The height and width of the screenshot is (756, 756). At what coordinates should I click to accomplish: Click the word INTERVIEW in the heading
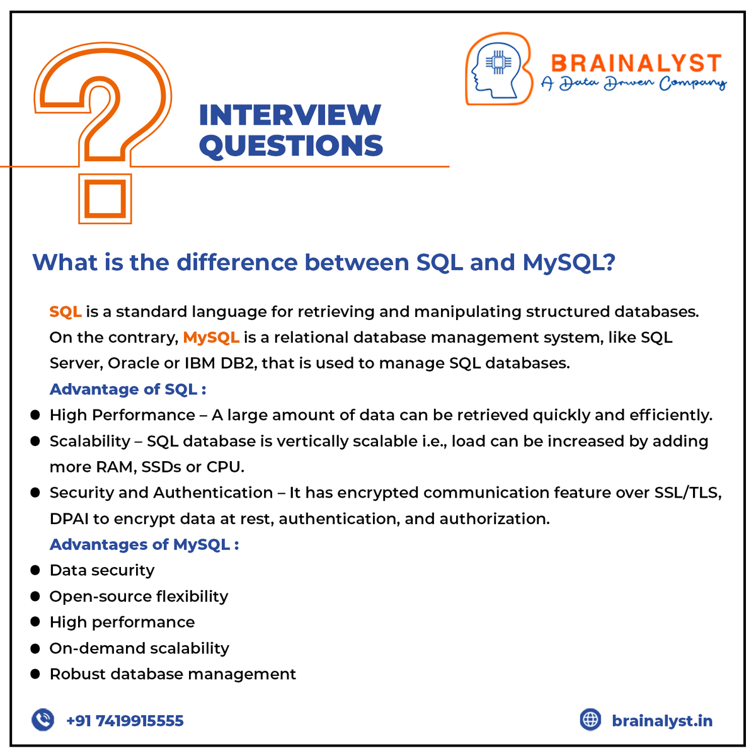tap(290, 115)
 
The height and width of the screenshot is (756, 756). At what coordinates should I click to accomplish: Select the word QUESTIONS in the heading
tap(291, 146)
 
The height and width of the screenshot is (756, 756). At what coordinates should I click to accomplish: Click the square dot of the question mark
tap(105, 198)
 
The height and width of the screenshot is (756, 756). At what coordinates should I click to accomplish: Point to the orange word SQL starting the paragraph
tap(66, 312)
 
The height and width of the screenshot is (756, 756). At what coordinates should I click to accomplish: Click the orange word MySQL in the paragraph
tap(211, 338)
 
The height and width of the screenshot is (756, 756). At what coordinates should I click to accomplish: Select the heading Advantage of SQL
tap(128, 389)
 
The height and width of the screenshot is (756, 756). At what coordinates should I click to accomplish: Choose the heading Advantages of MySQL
tap(144, 544)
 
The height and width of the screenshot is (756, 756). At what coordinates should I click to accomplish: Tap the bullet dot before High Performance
tap(35, 415)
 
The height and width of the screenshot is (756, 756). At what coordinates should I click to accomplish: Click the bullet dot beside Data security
tap(35, 570)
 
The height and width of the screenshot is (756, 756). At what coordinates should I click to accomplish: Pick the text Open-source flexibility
tap(139, 596)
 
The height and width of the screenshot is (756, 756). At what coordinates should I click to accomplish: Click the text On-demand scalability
tap(139, 648)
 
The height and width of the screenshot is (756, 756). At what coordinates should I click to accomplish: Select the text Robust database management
tap(173, 674)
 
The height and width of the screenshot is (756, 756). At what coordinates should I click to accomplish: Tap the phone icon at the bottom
tap(43, 719)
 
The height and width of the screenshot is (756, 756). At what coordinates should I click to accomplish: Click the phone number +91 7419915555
tap(125, 721)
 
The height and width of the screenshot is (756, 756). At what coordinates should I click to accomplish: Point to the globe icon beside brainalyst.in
tap(590, 719)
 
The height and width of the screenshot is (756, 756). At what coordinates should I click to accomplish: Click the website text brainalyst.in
tap(662, 721)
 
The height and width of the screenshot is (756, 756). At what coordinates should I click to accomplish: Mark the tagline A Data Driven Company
tap(633, 84)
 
